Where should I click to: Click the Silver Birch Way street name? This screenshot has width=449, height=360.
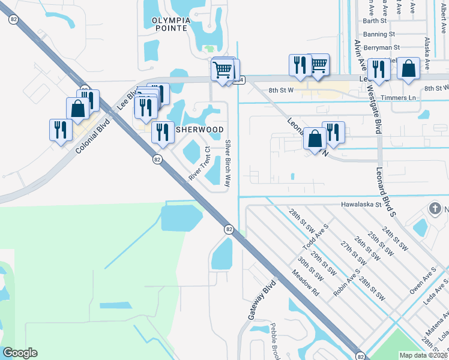228,163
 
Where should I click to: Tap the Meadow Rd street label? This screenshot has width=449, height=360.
306,283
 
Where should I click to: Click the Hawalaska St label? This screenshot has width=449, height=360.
361,204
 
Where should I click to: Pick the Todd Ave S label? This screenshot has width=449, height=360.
316,237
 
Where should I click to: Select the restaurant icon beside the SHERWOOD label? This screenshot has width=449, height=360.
163,133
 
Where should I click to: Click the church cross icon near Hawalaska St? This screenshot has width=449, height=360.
435,209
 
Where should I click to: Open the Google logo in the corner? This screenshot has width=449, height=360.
20,353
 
